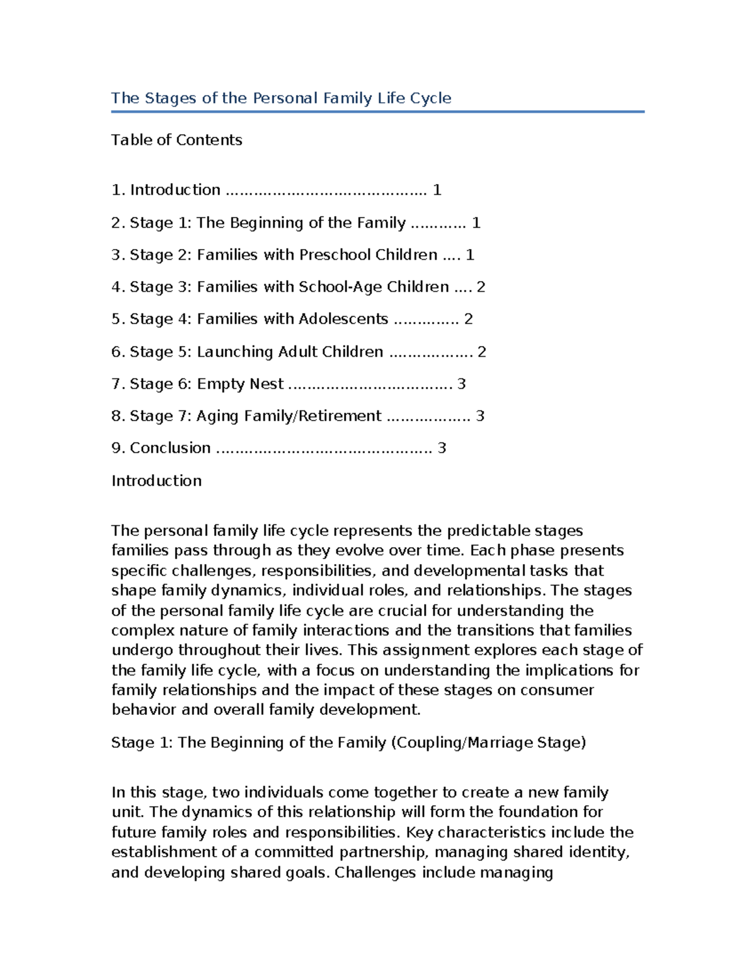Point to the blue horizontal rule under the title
point(377,112)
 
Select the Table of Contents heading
point(176,140)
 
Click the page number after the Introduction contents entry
point(437,190)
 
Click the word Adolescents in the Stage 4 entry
point(343,319)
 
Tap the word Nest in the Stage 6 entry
point(266,384)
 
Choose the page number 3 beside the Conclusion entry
point(442,448)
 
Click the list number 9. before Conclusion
point(118,448)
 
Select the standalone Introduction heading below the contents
point(156,481)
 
